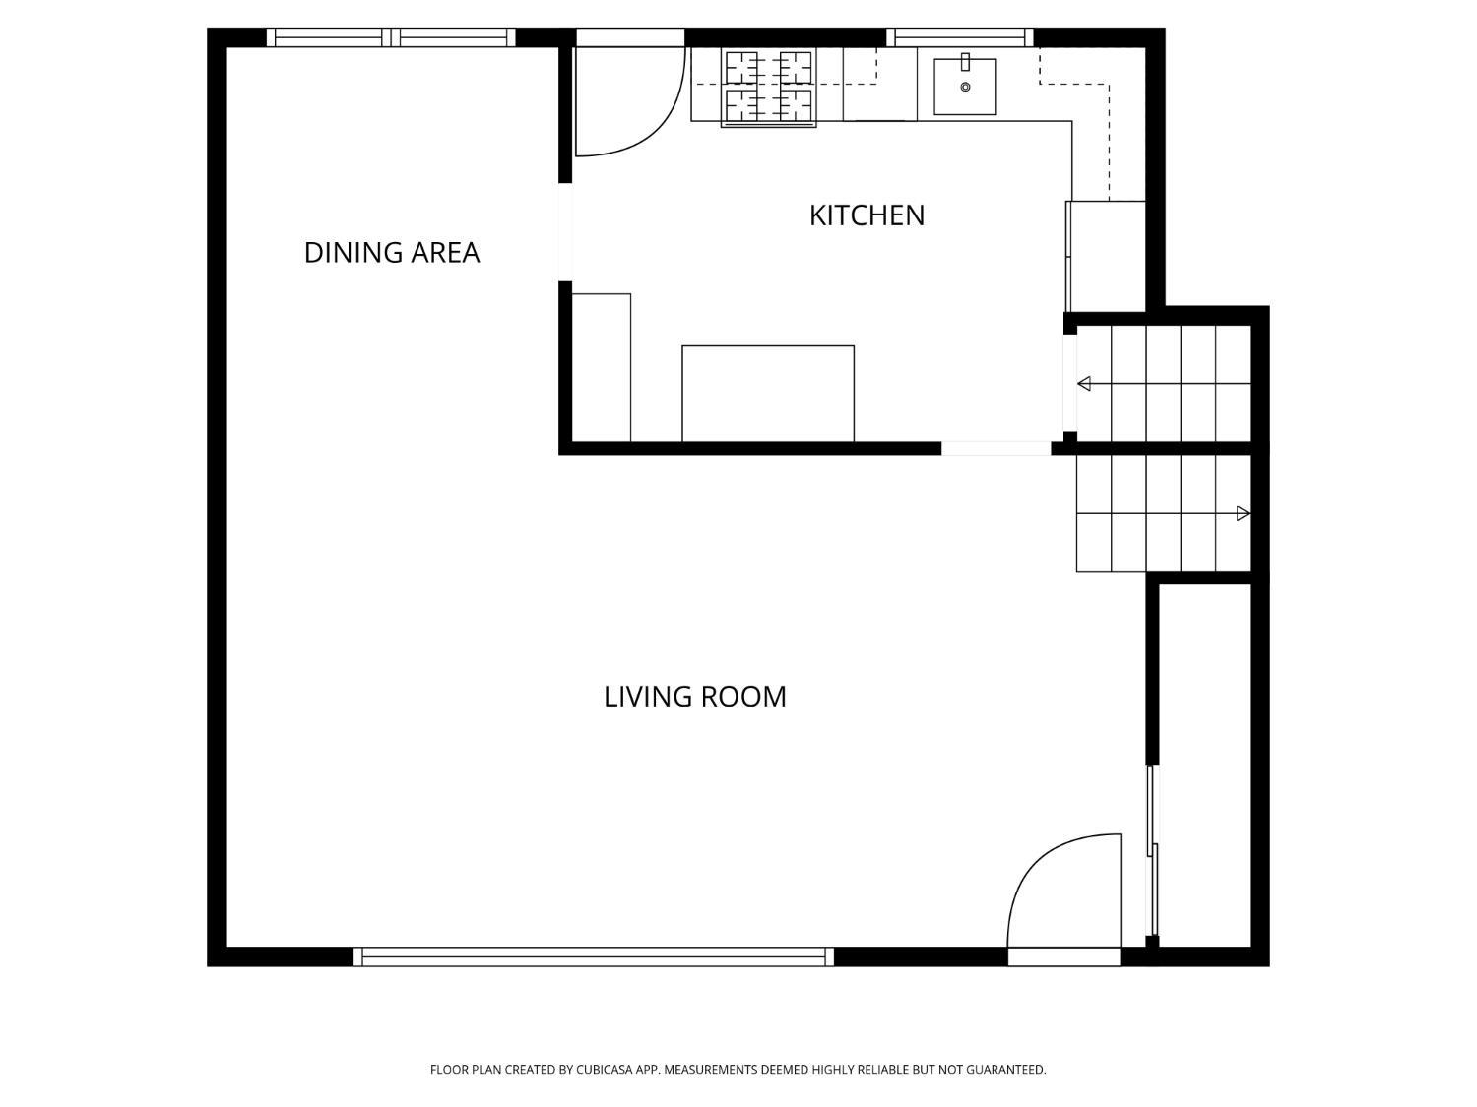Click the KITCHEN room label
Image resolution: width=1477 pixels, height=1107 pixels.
click(x=867, y=215)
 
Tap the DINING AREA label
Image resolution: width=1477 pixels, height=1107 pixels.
click(x=392, y=253)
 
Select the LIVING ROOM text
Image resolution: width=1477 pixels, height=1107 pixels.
click(x=694, y=697)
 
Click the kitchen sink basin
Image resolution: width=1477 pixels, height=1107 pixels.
click(x=964, y=87)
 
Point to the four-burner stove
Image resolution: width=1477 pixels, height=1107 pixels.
click(x=768, y=87)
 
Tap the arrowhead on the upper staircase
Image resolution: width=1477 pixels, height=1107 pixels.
click(x=1084, y=384)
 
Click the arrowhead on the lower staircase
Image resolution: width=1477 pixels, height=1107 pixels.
click(x=1243, y=514)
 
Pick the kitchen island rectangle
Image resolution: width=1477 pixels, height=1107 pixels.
click(x=768, y=394)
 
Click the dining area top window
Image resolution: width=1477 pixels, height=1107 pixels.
click(x=391, y=37)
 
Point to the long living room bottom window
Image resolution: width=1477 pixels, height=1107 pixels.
click(x=594, y=956)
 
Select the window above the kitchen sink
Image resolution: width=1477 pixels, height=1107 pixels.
click(x=959, y=37)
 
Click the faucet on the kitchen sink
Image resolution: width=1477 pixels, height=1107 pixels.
click(x=965, y=62)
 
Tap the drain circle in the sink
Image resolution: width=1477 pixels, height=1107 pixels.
click(x=965, y=88)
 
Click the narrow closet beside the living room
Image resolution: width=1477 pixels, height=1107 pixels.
click(x=1204, y=766)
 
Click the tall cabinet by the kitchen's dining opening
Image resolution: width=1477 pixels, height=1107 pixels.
click(x=601, y=368)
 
